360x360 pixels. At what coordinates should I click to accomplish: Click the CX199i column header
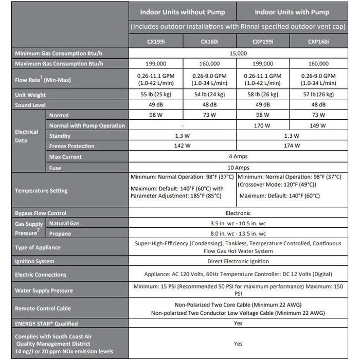[x=155, y=42]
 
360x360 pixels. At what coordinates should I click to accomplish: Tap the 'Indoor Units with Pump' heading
[x=292, y=12]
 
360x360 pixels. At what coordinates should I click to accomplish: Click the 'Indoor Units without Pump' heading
[x=182, y=12]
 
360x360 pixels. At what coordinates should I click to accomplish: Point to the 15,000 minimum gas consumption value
[x=238, y=53]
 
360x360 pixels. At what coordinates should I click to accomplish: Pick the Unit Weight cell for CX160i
[x=209, y=95]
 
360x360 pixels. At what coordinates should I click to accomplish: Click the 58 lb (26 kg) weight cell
[x=263, y=95]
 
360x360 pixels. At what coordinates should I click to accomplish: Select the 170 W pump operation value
[x=263, y=125]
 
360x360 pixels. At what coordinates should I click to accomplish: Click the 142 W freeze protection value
[x=182, y=146]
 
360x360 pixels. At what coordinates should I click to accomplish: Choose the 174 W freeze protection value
[x=292, y=146]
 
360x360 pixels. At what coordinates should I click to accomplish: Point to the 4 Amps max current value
[x=238, y=156]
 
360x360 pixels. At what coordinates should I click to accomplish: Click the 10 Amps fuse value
[x=238, y=167]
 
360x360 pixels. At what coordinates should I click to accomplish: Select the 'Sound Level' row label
[x=30, y=105]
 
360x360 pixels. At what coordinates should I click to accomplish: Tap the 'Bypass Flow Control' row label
[x=41, y=213]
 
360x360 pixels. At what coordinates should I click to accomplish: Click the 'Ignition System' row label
[x=34, y=261]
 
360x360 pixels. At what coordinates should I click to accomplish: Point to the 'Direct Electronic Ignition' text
[x=238, y=261]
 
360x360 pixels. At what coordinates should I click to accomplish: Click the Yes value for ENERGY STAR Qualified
[x=238, y=323]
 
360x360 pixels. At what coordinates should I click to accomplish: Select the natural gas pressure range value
[x=238, y=223]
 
